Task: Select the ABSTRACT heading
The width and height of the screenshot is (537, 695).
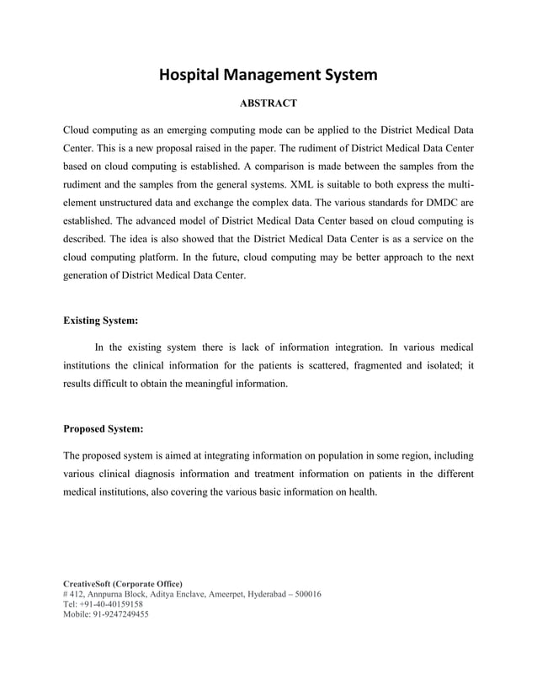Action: coord(268,103)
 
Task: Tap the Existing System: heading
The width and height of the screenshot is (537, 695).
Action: coord(102,320)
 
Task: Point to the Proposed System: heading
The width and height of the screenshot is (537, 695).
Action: coord(104,428)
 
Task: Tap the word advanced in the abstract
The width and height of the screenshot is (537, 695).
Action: coord(145,223)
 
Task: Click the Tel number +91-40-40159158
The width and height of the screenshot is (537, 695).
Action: coord(111,604)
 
